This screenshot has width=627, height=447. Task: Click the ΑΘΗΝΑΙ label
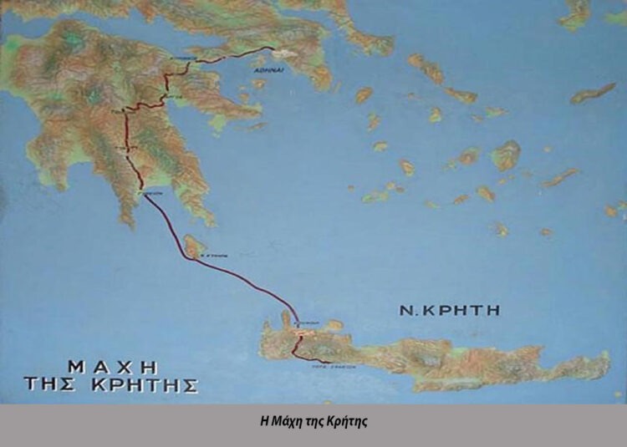tap(269, 71)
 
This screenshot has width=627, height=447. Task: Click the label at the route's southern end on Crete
tap(329, 365)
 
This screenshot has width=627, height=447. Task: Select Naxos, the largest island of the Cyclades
tap(507, 155)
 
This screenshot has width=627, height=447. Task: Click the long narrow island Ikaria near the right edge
tap(593, 93)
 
